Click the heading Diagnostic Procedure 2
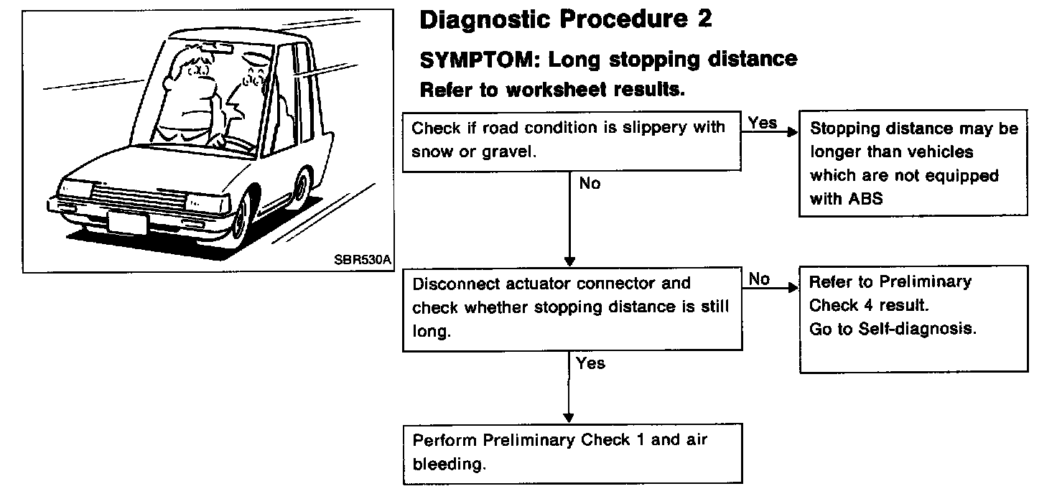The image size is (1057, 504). (565, 20)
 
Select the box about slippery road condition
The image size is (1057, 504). (572, 141)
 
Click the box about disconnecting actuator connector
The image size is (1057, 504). (572, 308)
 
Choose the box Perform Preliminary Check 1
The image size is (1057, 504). (572, 452)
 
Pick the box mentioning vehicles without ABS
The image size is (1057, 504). (913, 163)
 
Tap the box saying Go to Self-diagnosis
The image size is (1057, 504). (913, 318)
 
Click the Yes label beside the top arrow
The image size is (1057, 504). (763, 123)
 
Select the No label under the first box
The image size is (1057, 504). (590, 184)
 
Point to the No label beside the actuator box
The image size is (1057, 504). (759, 279)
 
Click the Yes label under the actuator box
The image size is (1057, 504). (590, 363)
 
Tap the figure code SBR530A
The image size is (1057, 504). (363, 261)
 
